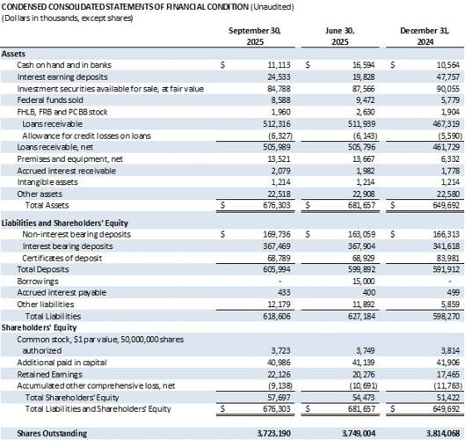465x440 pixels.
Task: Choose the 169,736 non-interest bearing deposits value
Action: point(272,235)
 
